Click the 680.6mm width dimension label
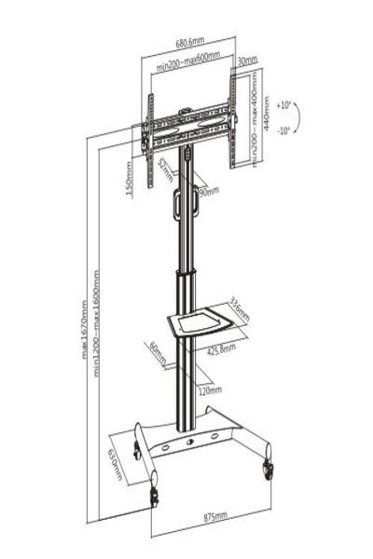pyautogui.click(x=188, y=42)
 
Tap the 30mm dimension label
pyautogui.click(x=246, y=61)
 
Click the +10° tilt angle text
pyautogui.click(x=284, y=105)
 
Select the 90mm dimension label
pyautogui.click(x=208, y=192)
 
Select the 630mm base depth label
pyautogui.click(x=115, y=464)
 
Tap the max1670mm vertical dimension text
pyautogui.click(x=86, y=328)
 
